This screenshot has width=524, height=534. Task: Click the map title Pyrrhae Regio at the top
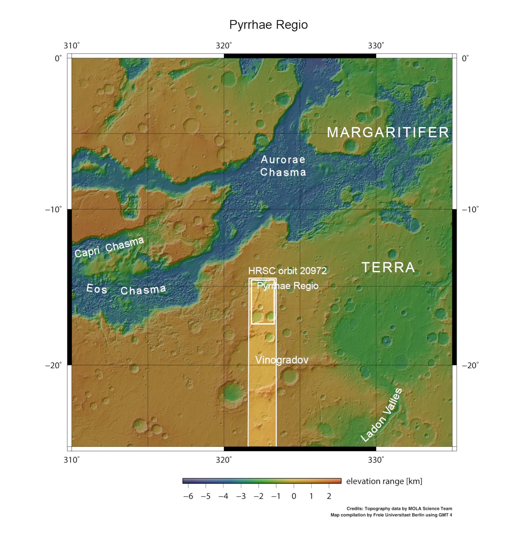point(268,25)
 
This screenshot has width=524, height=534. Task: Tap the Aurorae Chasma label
point(283,166)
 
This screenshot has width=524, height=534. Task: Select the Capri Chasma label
point(109,247)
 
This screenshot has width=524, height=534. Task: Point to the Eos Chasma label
point(126,290)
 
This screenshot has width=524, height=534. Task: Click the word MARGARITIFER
point(388,133)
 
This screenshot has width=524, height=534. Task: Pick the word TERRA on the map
point(388,267)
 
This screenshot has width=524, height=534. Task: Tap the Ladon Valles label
point(382,415)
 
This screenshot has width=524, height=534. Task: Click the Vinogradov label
point(282,360)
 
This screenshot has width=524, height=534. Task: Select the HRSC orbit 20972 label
point(287,271)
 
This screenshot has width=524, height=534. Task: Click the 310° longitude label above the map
point(72,46)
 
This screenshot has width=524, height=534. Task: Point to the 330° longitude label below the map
point(376,460)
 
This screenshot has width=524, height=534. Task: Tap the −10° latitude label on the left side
point(53,210)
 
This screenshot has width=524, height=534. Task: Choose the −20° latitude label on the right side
point(470,365)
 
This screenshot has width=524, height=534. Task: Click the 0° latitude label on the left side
point(58,59)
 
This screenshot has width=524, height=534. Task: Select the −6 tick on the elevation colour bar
point(188,496)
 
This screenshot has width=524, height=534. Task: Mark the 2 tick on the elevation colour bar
point(329,496)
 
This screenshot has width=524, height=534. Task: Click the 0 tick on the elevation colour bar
point(294,496)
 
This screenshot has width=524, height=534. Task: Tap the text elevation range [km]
point(384,481)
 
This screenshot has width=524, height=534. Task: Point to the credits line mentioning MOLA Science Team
point(399,509)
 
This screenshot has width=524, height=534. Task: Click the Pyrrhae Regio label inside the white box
point(288,286)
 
